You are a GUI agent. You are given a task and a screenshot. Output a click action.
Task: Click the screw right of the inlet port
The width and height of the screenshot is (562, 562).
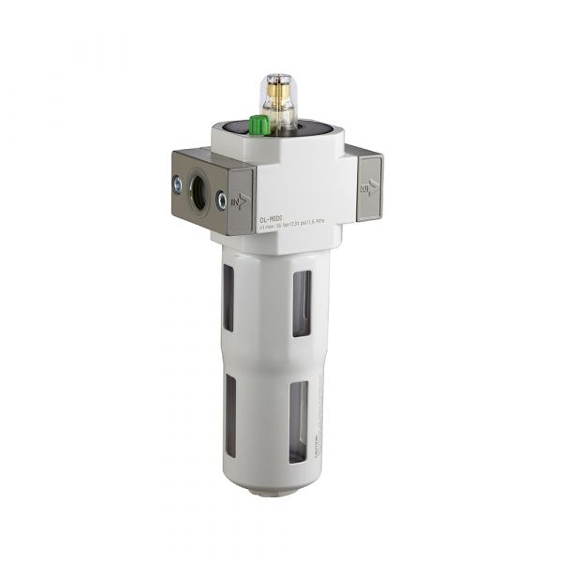[221, 200]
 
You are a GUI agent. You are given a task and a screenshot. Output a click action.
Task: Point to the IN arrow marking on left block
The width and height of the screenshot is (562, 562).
[242, 200]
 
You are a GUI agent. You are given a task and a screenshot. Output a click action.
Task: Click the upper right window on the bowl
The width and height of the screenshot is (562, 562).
[301, 301]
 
